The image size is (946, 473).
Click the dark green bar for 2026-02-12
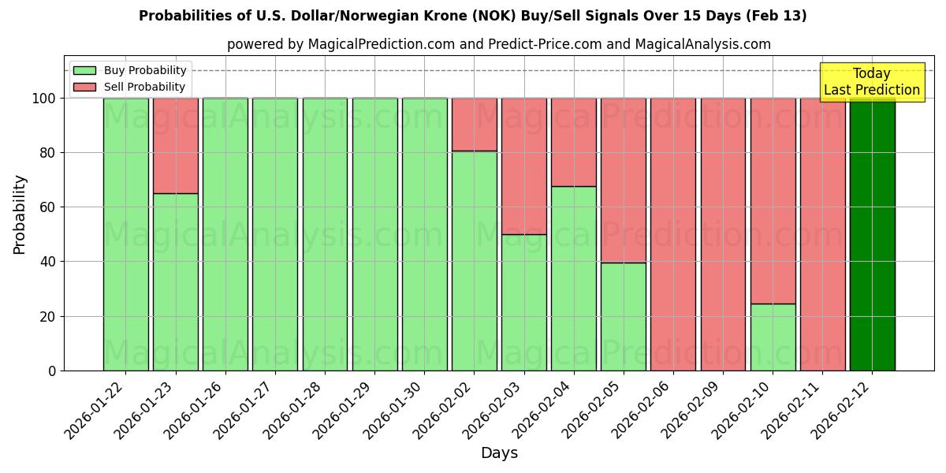872,234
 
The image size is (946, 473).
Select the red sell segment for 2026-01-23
175,145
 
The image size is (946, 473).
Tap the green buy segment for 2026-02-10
773,337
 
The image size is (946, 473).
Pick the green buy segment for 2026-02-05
624,316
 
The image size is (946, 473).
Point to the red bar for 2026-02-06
673,234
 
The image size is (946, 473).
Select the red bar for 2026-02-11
822,234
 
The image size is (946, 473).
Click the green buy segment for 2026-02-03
523,302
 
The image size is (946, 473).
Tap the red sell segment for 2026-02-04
573,142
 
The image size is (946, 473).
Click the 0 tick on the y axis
52,371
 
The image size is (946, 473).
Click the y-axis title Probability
20,214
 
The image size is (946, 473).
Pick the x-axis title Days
499,453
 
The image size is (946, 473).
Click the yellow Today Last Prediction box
872,82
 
